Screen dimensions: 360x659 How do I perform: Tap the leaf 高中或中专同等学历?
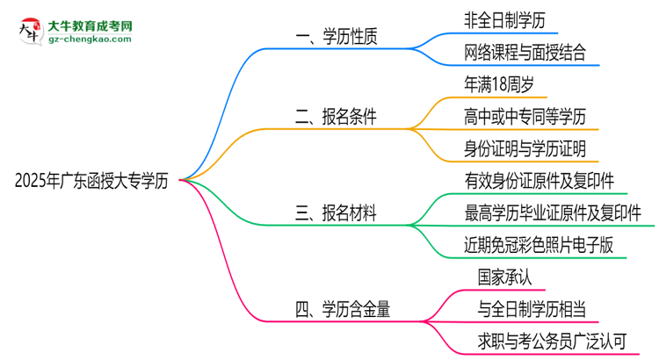click(524, 116)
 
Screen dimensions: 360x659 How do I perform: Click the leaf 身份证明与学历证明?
click(525, 148)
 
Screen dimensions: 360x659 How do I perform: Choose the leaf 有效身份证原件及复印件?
click(540, 180)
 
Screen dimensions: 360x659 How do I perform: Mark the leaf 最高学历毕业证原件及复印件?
click(553, 212)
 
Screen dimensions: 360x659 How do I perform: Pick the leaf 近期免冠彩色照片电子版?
click(540, 245)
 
